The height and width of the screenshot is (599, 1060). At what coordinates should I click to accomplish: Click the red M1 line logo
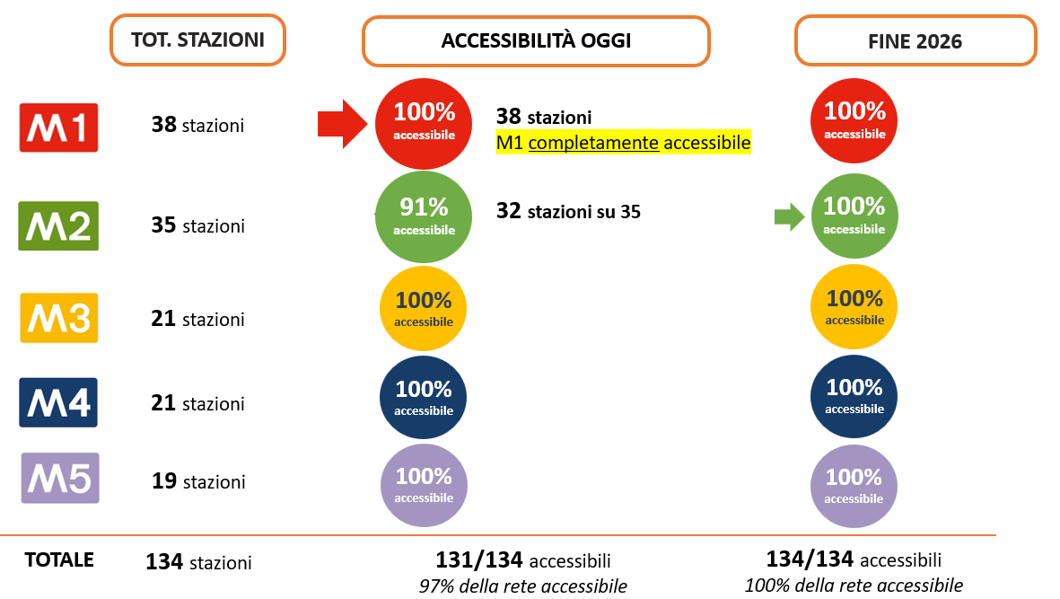(x=58, y=127)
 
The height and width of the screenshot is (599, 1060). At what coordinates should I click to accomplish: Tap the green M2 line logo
(x=58, y=225)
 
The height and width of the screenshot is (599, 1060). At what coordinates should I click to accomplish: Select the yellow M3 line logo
(x=58, y=318)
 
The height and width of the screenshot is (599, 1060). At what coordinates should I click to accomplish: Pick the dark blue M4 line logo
(x=58, y=401)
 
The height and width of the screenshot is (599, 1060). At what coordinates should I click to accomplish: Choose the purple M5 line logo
(x=60, y=478)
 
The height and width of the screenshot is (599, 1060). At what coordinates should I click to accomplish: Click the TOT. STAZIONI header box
(x=197, y=40)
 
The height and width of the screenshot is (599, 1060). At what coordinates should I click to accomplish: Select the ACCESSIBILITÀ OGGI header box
(x=536, y=41)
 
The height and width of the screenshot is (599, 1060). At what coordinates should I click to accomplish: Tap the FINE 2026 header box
(x=915, y=41)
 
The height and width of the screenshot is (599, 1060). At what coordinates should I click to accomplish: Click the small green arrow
(x=789, y=216)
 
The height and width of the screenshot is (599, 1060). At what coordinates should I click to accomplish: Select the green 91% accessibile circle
(x=424, y=216)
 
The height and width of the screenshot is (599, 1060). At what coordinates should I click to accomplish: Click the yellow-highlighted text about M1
(x=623, y=143)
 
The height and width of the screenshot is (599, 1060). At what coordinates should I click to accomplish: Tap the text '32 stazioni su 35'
(x=568, y=212)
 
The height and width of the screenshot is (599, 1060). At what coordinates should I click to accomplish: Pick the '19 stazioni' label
(x=197, y=481)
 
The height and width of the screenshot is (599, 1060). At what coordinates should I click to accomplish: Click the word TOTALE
(x=59, y=559)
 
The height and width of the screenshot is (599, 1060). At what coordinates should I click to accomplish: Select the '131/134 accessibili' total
(x=523, y=561)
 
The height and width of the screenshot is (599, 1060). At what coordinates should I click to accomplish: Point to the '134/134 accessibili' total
(x=854, y=559)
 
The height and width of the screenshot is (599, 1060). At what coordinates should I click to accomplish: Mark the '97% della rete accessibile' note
(x=523, y=586)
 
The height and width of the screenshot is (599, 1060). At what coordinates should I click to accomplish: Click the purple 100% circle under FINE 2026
(x=854, y=485)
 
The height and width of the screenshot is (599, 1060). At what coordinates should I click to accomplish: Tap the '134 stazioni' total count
(x=198, y=563)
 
